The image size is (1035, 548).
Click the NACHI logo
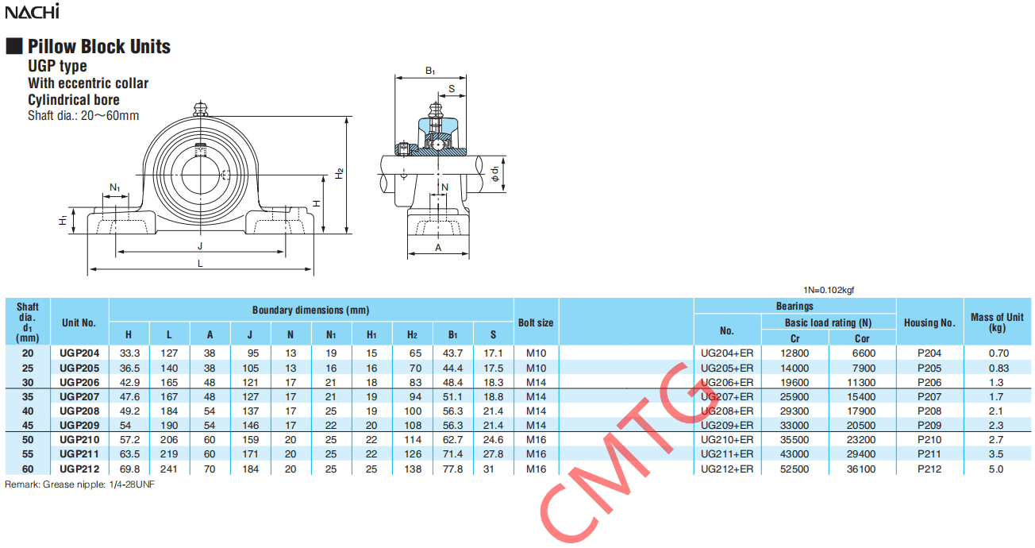point(32,11)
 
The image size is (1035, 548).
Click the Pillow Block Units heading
point(99,46)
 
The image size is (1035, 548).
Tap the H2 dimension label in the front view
point(340,173)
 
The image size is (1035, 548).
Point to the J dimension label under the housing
point(200,246)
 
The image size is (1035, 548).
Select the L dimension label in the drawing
point(200,263)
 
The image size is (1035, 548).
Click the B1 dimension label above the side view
point(430,71)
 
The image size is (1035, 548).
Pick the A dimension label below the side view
point(438,248)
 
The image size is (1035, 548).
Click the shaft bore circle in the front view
point(200,175)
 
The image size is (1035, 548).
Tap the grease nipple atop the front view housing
point(200,108)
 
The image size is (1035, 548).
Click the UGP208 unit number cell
point(79,411)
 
